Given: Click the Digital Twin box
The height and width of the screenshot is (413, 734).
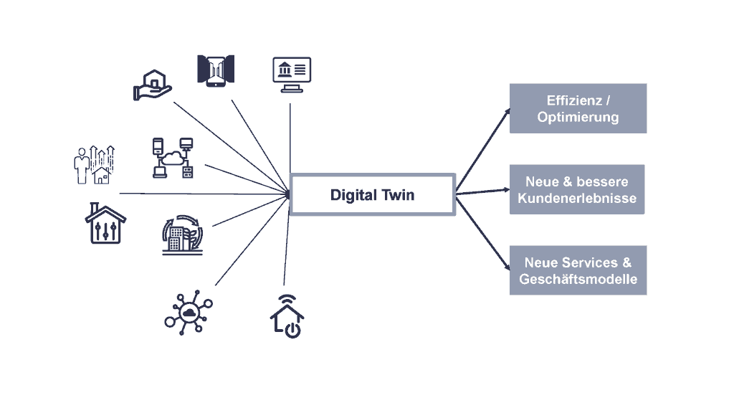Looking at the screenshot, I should (372, 194).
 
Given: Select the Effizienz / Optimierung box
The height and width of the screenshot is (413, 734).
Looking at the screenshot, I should (578, 108).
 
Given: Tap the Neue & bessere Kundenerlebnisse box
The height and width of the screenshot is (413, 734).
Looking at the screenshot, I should (577, 189).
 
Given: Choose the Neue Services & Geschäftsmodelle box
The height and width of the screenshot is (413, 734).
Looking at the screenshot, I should (578, 270).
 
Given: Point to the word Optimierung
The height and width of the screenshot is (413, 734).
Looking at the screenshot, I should (578, 117).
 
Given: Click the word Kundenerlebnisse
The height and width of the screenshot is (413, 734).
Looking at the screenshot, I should (577, 198).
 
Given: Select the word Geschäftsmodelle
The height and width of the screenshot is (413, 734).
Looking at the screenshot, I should (578, 279).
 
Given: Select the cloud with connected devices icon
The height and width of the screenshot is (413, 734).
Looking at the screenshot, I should (173, 157).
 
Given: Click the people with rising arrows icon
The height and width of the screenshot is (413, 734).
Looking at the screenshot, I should (93, 164).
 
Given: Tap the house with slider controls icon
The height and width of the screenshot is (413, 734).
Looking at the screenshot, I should (105, 223).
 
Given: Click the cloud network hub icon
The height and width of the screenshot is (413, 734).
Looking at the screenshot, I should (189, 310).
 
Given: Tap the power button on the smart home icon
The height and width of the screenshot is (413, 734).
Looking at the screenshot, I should (292, 330).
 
